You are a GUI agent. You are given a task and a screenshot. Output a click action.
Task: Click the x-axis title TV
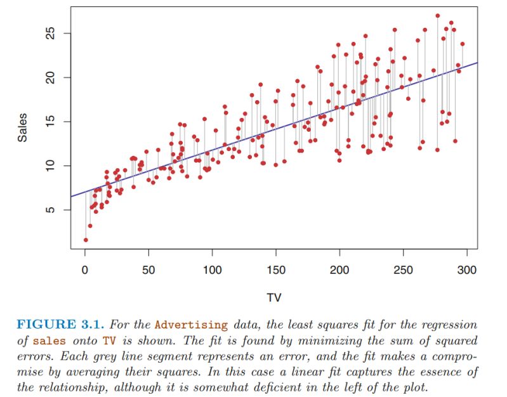[274, 297]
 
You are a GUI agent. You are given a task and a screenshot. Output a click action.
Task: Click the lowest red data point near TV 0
[86, 240]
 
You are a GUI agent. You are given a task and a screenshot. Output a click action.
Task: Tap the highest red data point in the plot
[438, 15]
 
